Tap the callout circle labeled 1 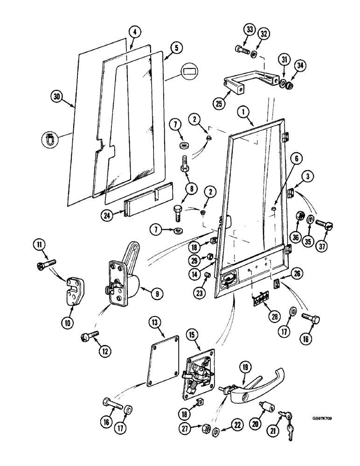(x=242, y=111)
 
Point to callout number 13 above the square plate (x=154, y=322)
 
